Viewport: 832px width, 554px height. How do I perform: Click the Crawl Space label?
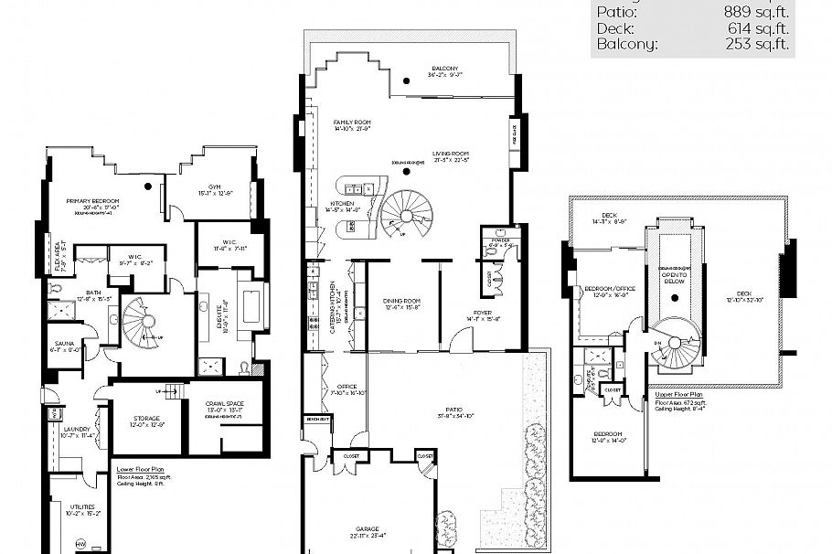[x=224, y=403]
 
